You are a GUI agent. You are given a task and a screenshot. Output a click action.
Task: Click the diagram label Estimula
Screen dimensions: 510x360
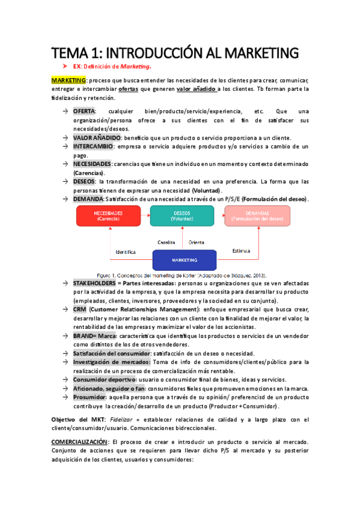[x=241, y=250]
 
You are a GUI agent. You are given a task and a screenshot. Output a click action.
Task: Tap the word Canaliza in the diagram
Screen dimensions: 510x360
[x=166, y=242]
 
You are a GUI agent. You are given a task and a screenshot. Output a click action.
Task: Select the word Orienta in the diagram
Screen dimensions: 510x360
[x=197, y=242]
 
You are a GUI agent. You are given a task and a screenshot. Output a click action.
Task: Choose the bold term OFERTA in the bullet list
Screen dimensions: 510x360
[x=84, y=111]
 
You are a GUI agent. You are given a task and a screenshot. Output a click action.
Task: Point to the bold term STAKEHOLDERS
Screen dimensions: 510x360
[x=95, y=283]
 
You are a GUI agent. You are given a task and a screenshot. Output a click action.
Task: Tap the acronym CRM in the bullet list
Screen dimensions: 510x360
[x=79, y=309]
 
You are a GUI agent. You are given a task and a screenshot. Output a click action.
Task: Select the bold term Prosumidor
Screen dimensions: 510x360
[x=91, y=398]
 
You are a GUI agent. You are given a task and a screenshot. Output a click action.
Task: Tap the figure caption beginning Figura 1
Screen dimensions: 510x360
[x=182, y=275]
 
